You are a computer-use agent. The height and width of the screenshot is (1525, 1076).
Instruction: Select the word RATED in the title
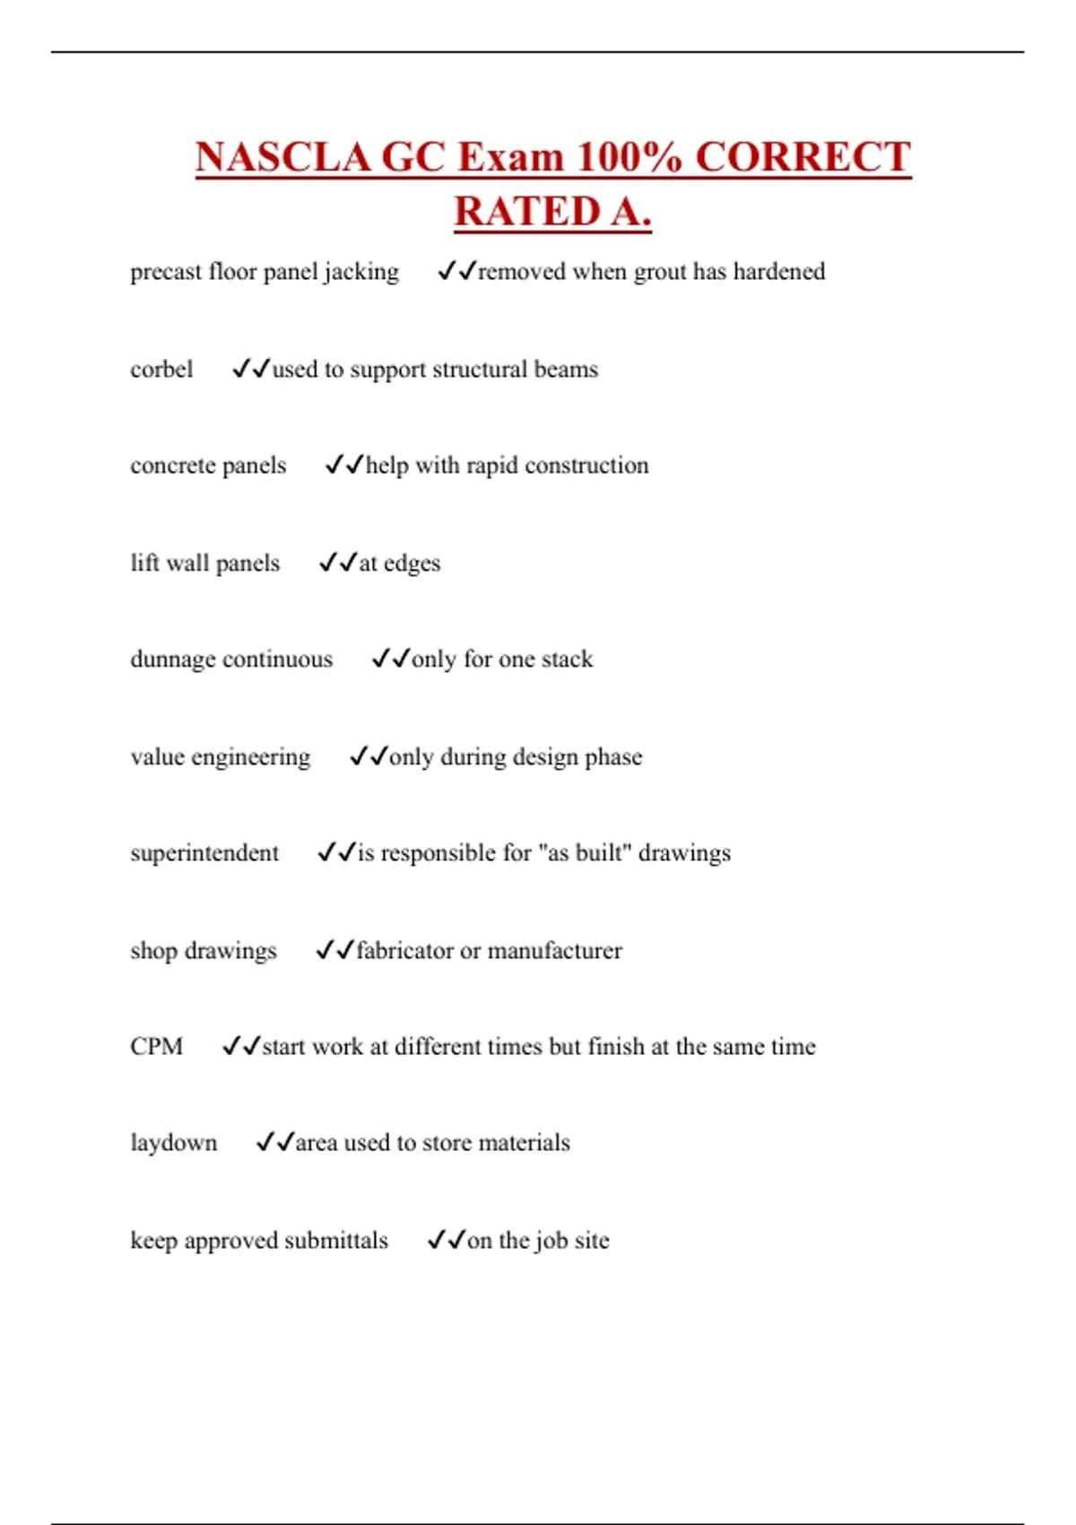(527, 213)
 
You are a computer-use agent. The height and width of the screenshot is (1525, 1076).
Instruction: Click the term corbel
(161, 370)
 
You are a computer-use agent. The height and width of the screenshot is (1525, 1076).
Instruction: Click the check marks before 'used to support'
(251, 369)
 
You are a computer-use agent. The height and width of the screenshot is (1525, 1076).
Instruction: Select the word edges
(412, 563)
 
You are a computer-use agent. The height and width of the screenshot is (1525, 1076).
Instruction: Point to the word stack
(567, 659)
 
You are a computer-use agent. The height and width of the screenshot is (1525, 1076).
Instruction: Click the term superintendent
(204, 853)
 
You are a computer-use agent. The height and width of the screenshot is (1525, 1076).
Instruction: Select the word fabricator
(404, 951)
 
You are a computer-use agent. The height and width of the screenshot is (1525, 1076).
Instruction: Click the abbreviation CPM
(156, 1047)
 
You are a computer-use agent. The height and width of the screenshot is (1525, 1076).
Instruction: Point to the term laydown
(174, 1143)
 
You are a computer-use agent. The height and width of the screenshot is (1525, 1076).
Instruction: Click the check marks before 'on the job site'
(446, 1240)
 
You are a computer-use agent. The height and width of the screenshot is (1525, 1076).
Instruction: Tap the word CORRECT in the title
(803, 158)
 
